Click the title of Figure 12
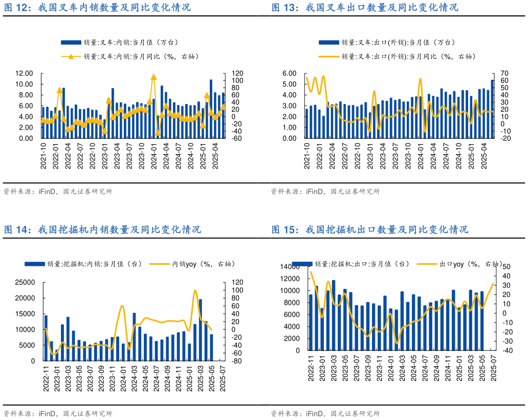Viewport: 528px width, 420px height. [97, 8]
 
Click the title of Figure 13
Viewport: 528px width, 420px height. [364, 8]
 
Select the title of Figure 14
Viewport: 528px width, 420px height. [102, 229]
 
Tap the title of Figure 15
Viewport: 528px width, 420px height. [369, 229]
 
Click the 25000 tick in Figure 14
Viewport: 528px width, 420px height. [25, 282]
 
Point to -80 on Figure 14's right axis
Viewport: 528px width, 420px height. [236, 361]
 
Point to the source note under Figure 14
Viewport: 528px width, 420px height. [58, 413]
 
